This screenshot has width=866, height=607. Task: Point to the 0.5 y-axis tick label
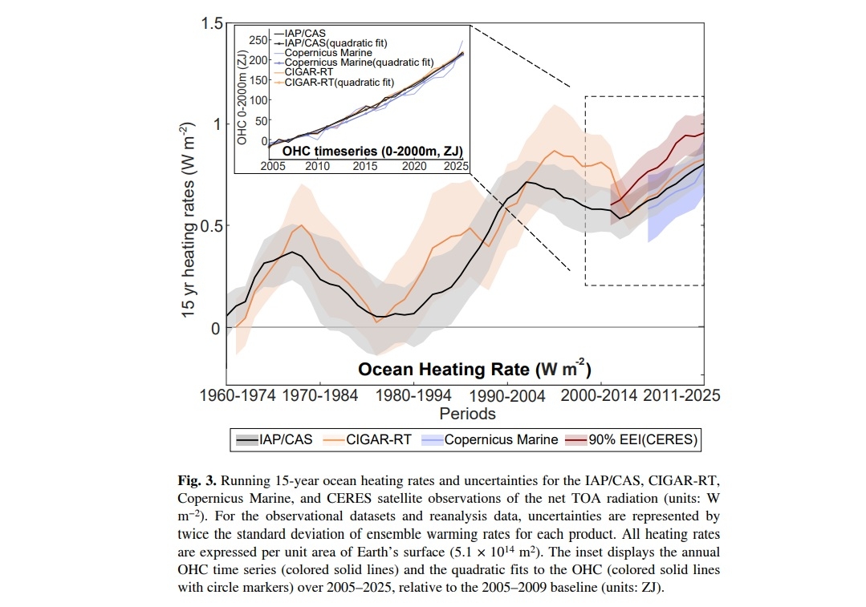(x=208, y=225)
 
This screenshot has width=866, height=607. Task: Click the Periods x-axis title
(x=467, y=414)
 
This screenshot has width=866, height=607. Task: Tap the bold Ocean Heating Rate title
(x=474, y=369)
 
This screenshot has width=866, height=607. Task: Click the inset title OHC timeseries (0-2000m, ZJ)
(x=373, y=151)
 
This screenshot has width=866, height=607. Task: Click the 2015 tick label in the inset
(x=366, y=166)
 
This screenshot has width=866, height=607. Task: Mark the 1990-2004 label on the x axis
(x=506, y=395)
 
